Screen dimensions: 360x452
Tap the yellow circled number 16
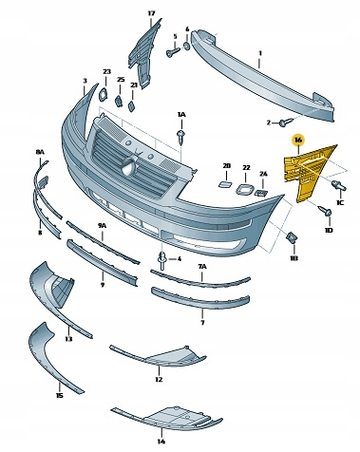(x=298, y=140)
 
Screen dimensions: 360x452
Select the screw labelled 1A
(x=180, y=136)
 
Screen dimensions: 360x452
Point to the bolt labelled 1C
(x=338, y=185)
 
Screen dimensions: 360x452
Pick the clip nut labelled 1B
(x=292, y=237)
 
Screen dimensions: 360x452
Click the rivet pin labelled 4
(x=162, y=260)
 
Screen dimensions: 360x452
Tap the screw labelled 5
(x=173, y=52)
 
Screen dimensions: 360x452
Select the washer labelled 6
(x=187, y=46)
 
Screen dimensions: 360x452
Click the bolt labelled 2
(x=286, y=122)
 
